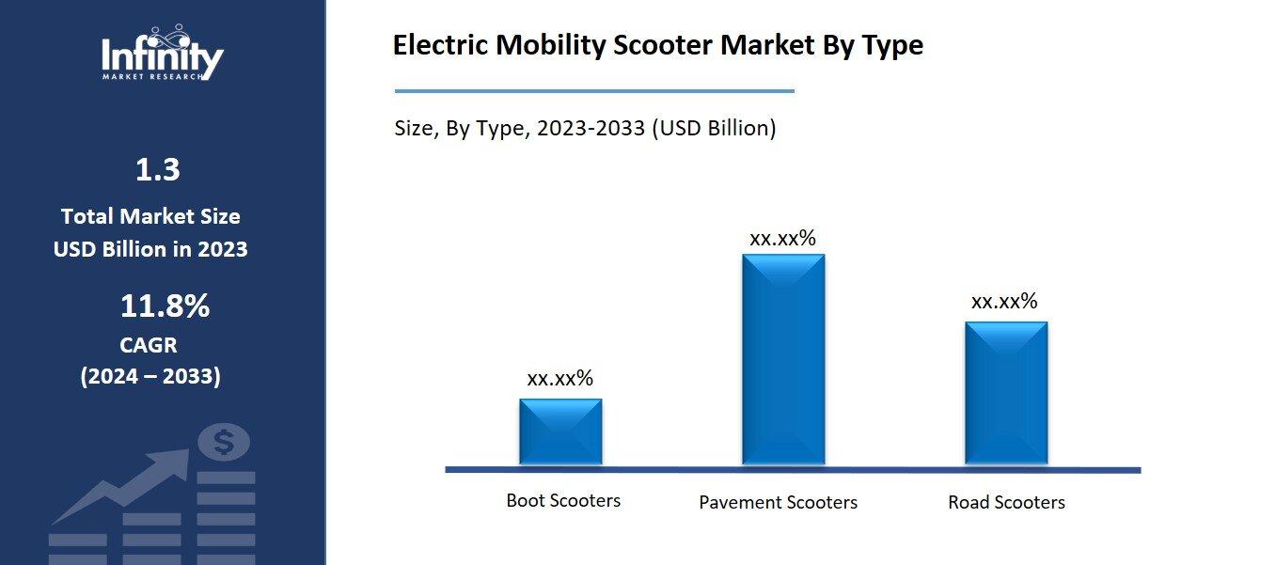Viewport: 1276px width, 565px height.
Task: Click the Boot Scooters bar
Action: [x=560, y=431]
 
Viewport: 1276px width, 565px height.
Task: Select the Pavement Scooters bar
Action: [x=783, y=359]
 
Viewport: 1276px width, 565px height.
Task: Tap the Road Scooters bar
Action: [x=1005, y=392]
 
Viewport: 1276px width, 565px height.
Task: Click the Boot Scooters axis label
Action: [x=563, y=500]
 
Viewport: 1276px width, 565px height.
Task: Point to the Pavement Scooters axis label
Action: [x=778, y=502]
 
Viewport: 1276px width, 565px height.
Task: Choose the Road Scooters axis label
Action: [x=1006, y=502]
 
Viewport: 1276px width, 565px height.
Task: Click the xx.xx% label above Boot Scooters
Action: [x=559, y=378]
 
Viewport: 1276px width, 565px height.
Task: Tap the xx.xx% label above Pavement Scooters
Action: [x=782, y=238]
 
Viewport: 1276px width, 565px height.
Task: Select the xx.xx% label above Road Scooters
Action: [x=1004, y=301]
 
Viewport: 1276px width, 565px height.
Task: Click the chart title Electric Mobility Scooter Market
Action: [x=657, y=45]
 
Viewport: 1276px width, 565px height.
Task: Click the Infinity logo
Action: [x=162, y=54]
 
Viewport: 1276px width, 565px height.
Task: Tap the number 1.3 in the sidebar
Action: [x=157, y=170]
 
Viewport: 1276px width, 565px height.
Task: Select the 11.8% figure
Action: [x=164, y=306]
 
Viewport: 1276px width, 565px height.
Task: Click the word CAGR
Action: [x=149, y=345]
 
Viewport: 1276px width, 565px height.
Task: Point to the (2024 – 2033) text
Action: [x=150, y=377]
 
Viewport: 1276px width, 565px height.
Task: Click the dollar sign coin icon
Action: [x=223, y=442]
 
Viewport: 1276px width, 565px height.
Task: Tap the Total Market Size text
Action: [x=150, y=216]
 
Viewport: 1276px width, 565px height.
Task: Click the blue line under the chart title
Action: [x=594, y=91]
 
